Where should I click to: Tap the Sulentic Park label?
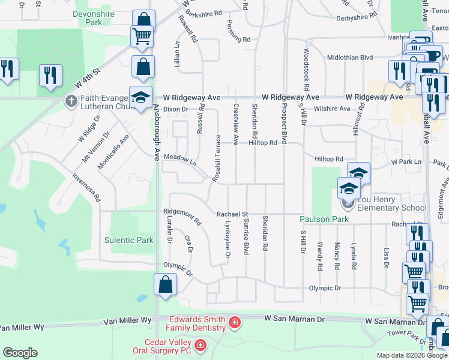pos(128,240)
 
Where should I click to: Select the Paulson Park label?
pos(324,219)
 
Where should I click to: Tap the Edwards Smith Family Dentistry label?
pos(197,323)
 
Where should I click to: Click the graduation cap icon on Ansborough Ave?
pos(140,97)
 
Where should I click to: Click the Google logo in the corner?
pos(20,353)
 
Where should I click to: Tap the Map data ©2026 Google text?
pos(412,355)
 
